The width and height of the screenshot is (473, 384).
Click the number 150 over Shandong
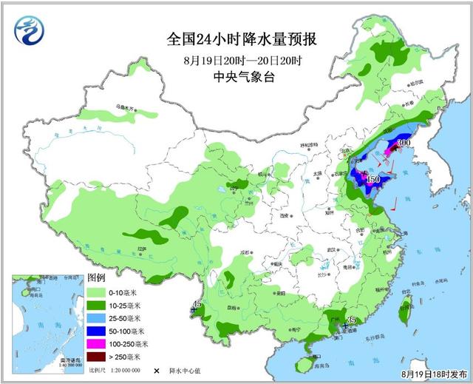tap(373, 179)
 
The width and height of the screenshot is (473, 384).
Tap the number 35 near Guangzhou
tap(351, 320)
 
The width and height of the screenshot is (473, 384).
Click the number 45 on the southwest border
tap(197, 304)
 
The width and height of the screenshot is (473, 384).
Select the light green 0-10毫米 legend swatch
tap(98, 292)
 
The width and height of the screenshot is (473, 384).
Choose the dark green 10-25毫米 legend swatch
tap(98, 306)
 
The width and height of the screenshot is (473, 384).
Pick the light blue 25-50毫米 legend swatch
tap(98, 318)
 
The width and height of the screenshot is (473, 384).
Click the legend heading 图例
tap(97, 277)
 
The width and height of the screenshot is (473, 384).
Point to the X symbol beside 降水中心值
tap(157, 370)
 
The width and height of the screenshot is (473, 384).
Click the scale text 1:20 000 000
tap(125, 370)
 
